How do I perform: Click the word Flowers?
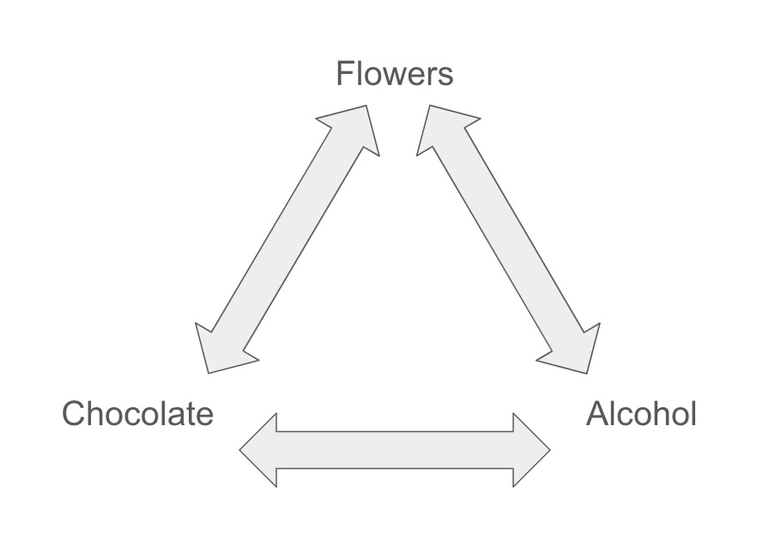394,74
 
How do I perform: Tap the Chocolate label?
137,414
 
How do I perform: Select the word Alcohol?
641,414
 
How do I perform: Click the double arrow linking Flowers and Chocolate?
288,240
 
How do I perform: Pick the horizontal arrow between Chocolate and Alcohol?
395,450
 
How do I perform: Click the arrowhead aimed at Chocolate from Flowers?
218,351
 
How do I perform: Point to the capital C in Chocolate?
74,414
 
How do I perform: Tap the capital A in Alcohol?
597,414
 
